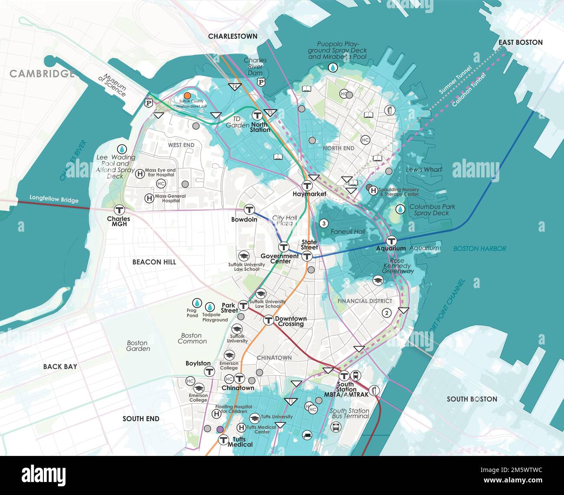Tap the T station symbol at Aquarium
tap(391, 241)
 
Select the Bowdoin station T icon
tap(249, 210)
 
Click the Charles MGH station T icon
tap(119, 210)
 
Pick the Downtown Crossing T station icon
tap(269, 321)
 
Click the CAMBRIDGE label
tap(42, 74)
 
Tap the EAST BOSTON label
tap(520, 43)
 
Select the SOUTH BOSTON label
tap(472, 399)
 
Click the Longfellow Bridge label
tap(54, 199)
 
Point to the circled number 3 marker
tap(323, 224)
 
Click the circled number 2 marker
tap(387, 313)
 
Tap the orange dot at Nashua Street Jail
tap(187, 95)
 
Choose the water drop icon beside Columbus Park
tap(400, 210)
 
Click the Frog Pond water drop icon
tap(197, 303)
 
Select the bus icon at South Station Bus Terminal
tap(336, 427)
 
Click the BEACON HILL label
tap(154, 262)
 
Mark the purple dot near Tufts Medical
tap(220, 429)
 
